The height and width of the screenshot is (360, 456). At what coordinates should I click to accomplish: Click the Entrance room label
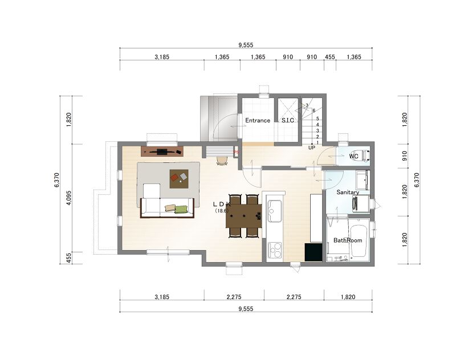coord(258,120)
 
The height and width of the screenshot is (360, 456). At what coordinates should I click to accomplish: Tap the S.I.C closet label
coord(288,120)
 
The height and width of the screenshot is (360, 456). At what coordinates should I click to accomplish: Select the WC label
coord(353,156)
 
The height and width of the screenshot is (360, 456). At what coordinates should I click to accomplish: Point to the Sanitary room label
coord(348,193)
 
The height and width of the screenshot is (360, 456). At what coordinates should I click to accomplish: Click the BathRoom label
coord(348,240)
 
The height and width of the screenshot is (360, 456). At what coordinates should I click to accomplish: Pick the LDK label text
coord(222,204)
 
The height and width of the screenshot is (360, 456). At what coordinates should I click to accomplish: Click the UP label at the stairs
coord(312,148)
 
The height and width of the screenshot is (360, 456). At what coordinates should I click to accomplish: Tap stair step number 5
coord(317,118)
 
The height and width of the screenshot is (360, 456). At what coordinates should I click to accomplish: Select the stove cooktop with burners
coord(275,250)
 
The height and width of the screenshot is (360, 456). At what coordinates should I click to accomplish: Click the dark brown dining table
coord(244,216)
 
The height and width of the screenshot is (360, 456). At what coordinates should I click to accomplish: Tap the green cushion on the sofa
coord(181,209)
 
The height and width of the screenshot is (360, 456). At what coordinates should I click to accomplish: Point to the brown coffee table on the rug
coord(179,179)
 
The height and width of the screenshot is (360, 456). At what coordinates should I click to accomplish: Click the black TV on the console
coord(162,151)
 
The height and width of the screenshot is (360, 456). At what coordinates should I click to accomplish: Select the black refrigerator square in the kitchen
coord(313,252)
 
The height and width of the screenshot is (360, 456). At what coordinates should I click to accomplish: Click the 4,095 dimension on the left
coord(68,198)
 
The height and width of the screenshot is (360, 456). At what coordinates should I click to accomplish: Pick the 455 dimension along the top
coord(330,57)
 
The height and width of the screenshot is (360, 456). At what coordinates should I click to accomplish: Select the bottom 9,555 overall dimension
coord(246,309)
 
